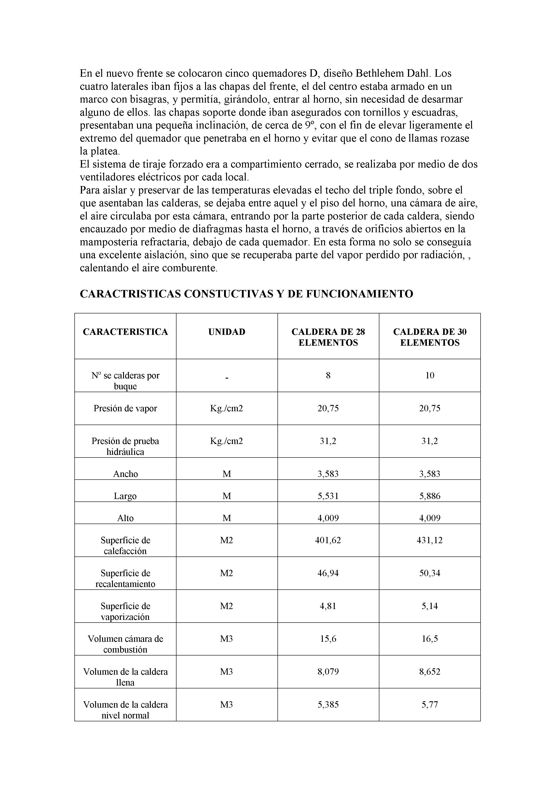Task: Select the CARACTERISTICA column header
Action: (x=125, y=332)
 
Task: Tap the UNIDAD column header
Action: (x=227, y=332)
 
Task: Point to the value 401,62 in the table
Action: (x=328, y=540)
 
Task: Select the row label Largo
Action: (x=125, y=496)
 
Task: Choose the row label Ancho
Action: (x=125, y=474)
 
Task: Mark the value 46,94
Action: (x=328, y=573)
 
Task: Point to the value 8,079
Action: (x=328, y=672)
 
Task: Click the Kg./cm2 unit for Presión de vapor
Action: (x=227, y=408)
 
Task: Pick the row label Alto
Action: (x=125, y=518)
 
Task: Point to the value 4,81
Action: (x=328, y=606)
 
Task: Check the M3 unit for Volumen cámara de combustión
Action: (x=227, y=639)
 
